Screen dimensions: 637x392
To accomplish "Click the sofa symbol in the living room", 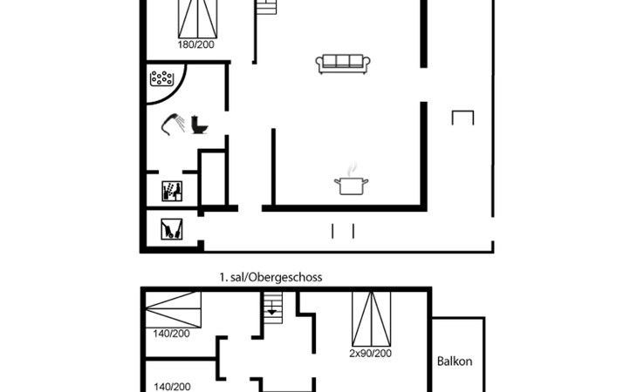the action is pos(342,64).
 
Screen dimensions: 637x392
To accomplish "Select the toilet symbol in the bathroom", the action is pos(199,125).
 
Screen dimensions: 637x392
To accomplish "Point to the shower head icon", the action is pos(173,124).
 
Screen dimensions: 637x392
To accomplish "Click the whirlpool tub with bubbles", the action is pos(161,78).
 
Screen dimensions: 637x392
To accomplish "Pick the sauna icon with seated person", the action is pos(172,192).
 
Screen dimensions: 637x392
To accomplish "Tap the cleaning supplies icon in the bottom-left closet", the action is pos(171,229).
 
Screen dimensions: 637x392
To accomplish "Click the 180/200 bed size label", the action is pos(195,44).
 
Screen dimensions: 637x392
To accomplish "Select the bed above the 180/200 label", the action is pos(198,19).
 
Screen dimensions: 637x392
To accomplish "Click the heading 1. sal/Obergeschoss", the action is pos(271,277).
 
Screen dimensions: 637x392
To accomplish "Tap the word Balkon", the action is pos(455,362).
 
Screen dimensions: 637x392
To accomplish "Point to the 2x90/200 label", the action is pos(371,354).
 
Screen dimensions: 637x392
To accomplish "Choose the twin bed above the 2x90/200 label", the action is pos(372,319).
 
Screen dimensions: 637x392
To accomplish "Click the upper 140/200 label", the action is pos(171,334).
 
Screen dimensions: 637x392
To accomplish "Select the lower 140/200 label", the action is pos(172,387).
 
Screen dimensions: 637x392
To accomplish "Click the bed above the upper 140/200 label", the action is pos(174,310).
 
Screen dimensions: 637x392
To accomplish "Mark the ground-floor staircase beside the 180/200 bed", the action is pos(266,7).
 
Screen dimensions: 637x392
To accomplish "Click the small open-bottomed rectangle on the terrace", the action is pos(462,118).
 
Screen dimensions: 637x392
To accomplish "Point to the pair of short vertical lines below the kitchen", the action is pos(343,231).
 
